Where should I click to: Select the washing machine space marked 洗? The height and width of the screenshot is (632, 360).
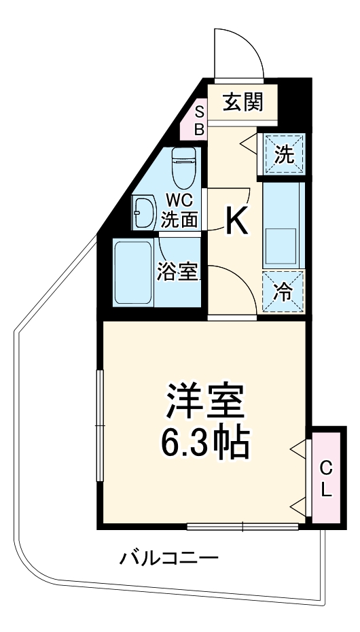[x=284, y=155]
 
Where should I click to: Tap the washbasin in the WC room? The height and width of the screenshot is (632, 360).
[x=144, y=212]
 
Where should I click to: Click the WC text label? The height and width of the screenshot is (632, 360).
[x=181, y=201]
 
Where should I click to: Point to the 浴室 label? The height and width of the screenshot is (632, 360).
[x=179, y=272]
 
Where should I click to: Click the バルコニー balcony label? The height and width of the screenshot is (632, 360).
[x=170, y=559]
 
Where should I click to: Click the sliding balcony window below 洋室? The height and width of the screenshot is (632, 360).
[x=242, y=525]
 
